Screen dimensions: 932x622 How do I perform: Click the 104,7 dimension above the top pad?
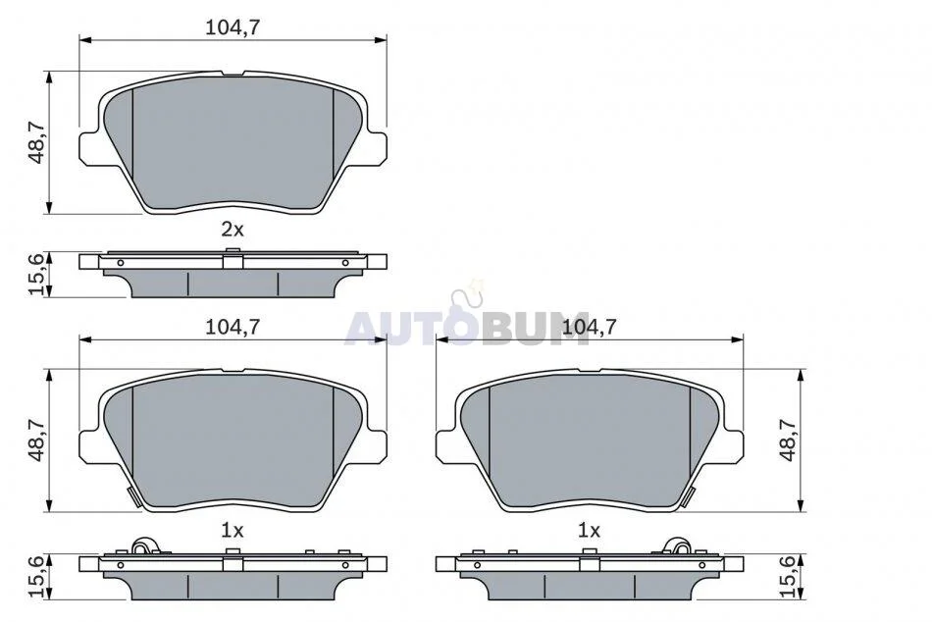pyautogui.click(x=233, y=27)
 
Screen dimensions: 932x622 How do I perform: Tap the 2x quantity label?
pyautogui.click(x=233, y=230)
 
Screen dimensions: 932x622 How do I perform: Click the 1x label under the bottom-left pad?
pyautogui.click(x=233, y=531)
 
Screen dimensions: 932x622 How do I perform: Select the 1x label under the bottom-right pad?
pyautogui.click(x=589, y=531)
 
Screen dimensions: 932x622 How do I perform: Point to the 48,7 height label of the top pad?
pyautogui.click(x=37, y=141)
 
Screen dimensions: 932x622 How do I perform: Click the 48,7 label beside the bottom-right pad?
pyautogui.click(x=788, y=441)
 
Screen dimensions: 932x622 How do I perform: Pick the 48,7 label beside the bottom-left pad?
pyautogui.click(x=37, y=441)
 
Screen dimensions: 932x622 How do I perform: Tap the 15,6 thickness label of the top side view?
pyautogui.click(x=37, y=274)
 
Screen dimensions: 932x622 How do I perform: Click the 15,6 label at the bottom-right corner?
pyautogui.click(x=788, y=577)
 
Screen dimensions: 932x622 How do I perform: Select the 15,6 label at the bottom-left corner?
pyautogui.click(x=37, y=577)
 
